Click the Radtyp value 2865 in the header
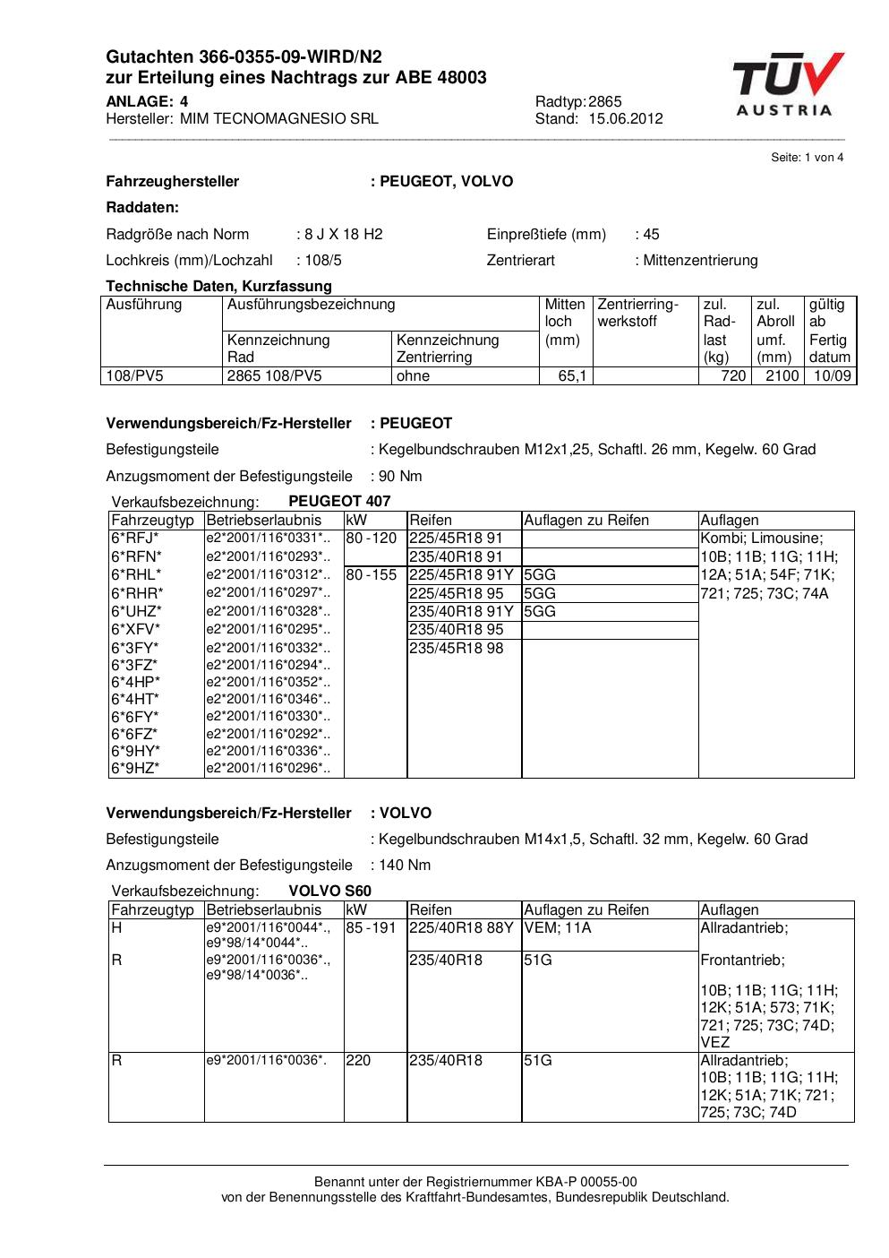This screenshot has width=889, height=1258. click(x=605, y=102)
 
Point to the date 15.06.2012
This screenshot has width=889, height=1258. click(x=626, y=119)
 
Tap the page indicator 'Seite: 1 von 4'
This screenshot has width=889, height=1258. click(x=807, y=158)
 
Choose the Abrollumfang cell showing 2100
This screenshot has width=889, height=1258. click(x=782, y=376)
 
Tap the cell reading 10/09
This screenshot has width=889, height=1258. click(x=832, y=376)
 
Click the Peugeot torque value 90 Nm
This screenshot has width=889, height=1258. click(x=400, y=477)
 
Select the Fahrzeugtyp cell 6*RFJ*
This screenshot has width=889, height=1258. click(x=135, y=539)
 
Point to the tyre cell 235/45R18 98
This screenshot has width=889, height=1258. click(x=457, y=648)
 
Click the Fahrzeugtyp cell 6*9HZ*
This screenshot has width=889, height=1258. click(x=135, y=769)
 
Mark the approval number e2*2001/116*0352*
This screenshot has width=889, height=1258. click(x=268, y=683)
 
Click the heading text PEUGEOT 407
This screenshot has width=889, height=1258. click(x=339, y=502)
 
